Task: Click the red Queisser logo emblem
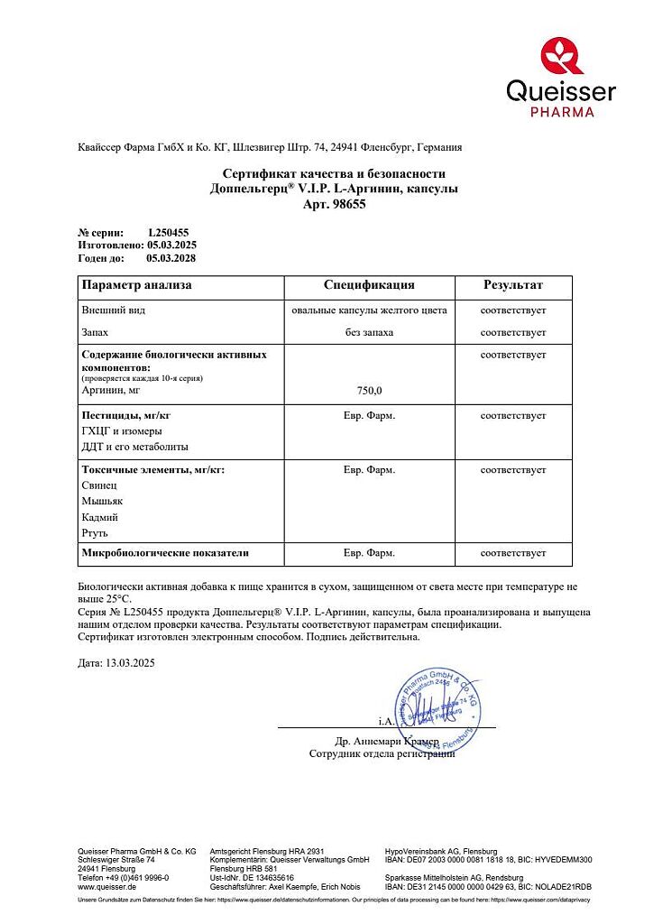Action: pos(562,55)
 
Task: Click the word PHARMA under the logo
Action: pos(561,112)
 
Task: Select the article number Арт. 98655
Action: pos(334,205)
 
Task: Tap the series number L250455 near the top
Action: pos(169,233)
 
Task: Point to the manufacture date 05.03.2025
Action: pos(171,245)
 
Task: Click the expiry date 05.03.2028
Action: pos(171,258)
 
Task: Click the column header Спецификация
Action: pos(369,285)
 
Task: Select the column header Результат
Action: pos(512,285)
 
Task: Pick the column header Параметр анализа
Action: pos(136,285)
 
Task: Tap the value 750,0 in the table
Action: pos(369,391)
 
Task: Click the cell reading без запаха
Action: pos(369,333)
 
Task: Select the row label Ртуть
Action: pos(95,533)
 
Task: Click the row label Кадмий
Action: pos(100,517)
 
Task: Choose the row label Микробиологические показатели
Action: pos(165,551)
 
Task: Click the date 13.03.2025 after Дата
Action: pos(131,663)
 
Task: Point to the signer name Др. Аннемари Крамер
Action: pos(386,741)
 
